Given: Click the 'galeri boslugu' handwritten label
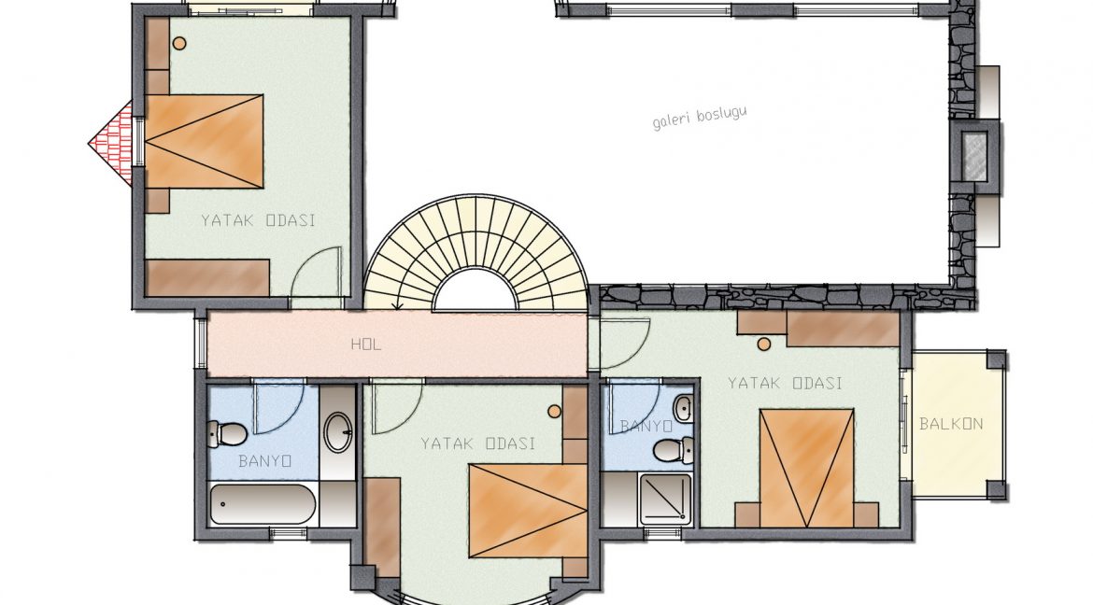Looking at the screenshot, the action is (x=699, y=117).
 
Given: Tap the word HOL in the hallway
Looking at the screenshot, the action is (x=366, y=345).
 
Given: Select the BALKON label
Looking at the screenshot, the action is (x=952, y=424).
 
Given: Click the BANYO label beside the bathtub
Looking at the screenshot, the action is (x=265, y=461).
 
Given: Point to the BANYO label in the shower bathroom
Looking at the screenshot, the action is (x=646, y=426).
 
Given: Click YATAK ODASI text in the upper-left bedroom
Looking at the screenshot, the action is (x=259, y=221).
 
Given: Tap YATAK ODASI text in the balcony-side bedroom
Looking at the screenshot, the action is (x=786, y=384).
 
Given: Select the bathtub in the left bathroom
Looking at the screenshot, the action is (x=263, y=504).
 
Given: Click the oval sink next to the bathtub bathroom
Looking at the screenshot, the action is (x=339, y=433).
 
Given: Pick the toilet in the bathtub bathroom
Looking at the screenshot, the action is (x=227, y=434).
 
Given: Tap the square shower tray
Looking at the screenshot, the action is (x=666, y=499).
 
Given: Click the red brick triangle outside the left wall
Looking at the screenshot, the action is (x=111, y=144).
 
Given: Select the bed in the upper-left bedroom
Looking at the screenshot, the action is (x=204, y=142).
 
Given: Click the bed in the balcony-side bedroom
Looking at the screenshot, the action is (x=807, y=469).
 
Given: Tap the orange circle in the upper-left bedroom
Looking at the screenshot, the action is (x=179, y=43).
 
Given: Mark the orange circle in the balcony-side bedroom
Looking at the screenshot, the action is (x=764, y=345).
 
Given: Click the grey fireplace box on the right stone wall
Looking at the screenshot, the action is (x=974, y=156).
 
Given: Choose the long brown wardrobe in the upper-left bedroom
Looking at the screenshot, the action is (x=207, y=278).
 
